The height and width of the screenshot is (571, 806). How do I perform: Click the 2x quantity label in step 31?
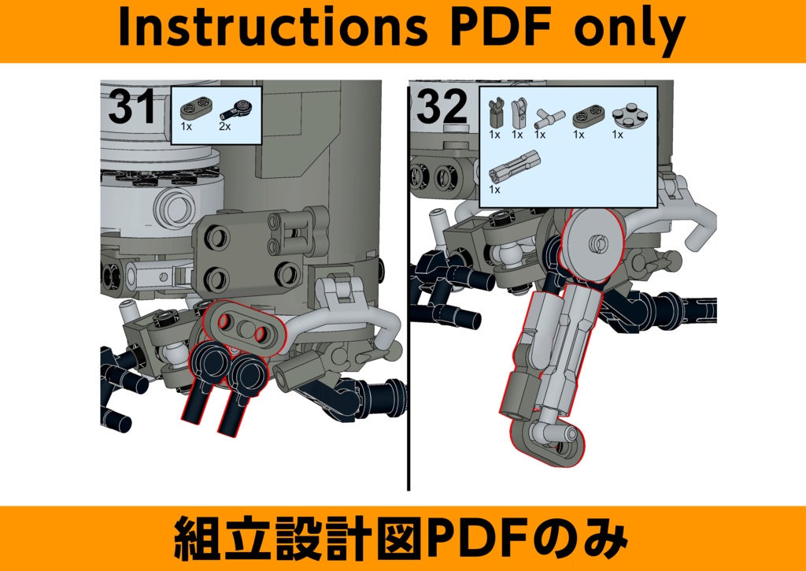tap(224, 127)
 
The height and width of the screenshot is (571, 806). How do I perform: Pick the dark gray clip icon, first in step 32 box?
tap(496, 113)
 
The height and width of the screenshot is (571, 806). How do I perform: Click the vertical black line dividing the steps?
tap(409, 315)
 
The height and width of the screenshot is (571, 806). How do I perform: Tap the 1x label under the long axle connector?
tap(494, 190)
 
